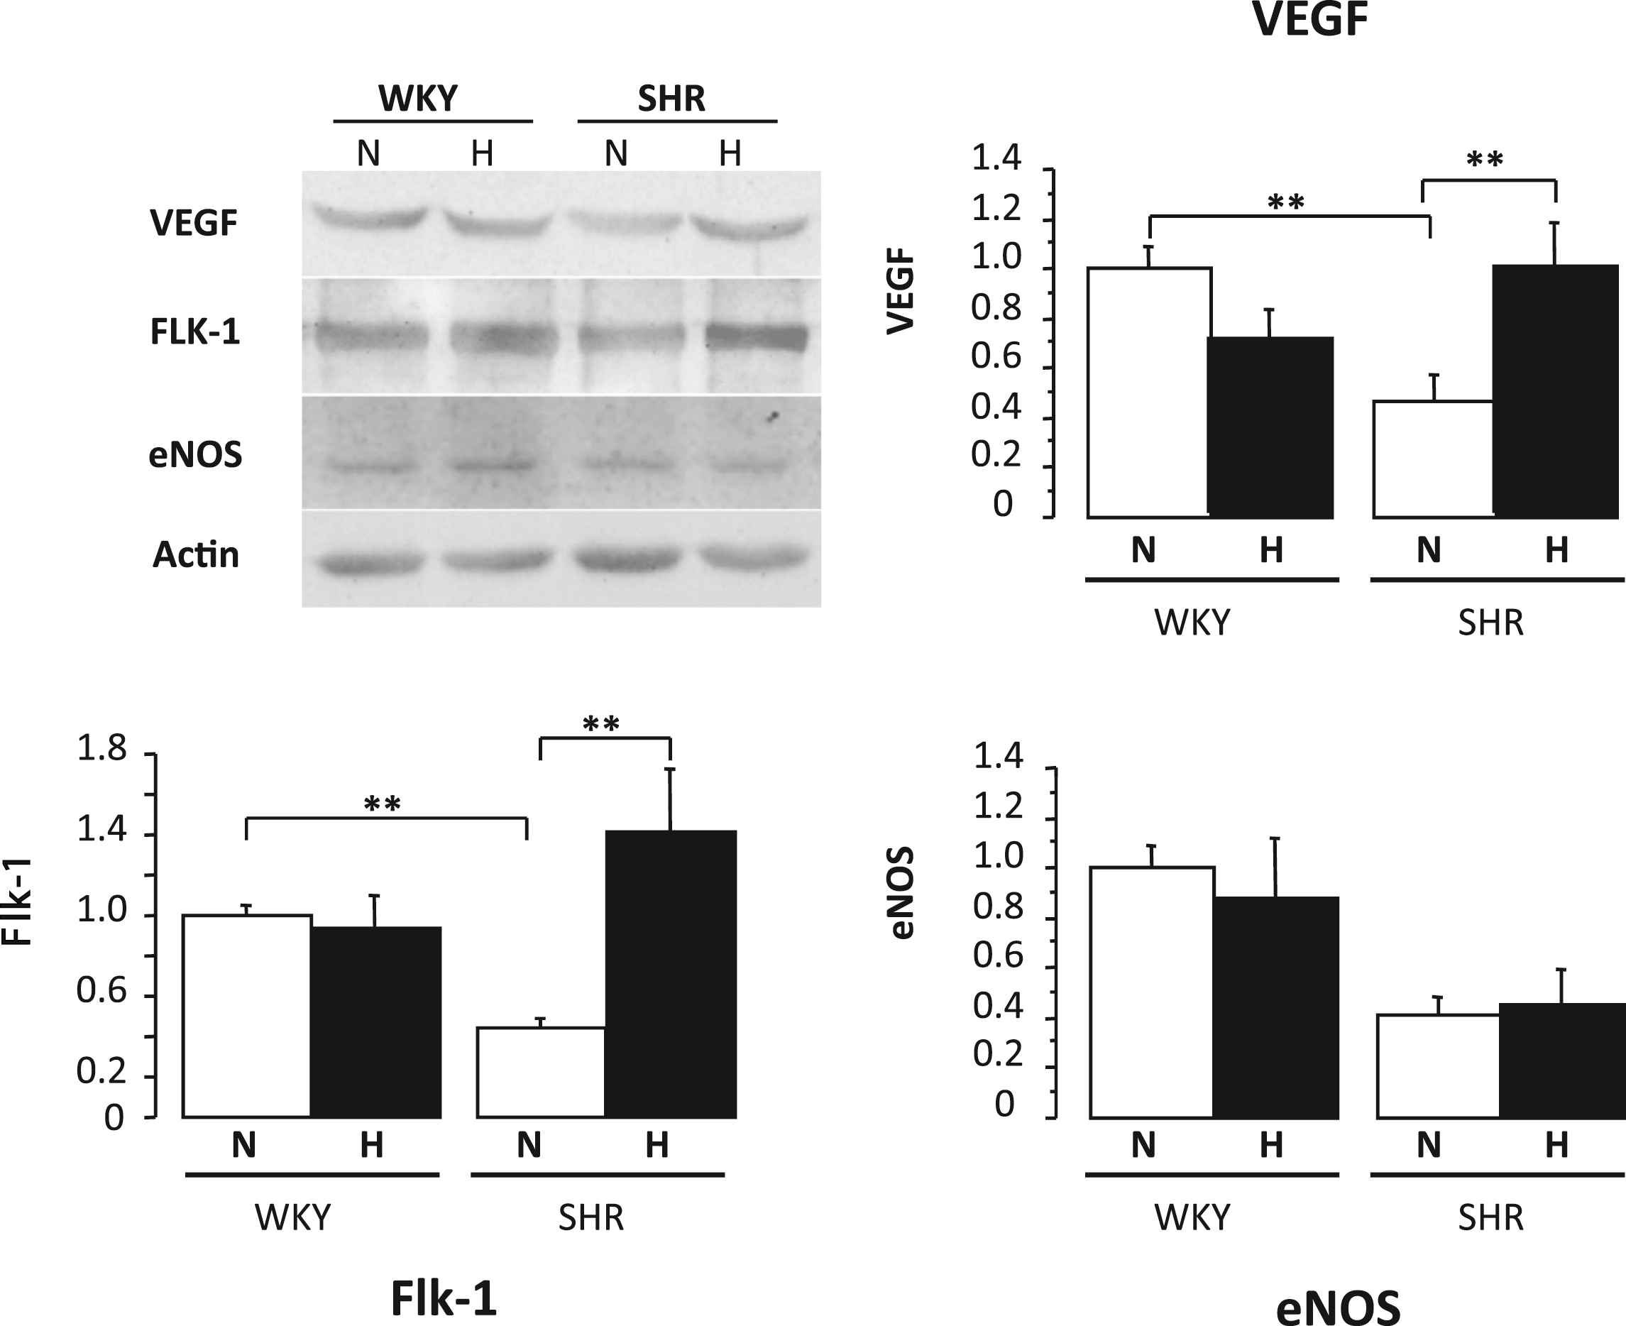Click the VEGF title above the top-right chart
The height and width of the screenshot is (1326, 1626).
click(x=1309, y=20)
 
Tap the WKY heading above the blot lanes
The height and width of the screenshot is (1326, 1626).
click(x=418, y=99)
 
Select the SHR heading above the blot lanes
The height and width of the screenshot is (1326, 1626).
click(x=671, y=99)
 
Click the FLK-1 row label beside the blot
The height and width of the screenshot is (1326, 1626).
click(x=194, y=331)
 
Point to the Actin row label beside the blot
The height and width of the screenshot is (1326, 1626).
click(x=195, y=554)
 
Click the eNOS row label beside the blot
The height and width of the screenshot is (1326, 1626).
click(x=194, y=454)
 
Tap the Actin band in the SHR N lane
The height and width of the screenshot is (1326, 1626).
click(x=628, y=560)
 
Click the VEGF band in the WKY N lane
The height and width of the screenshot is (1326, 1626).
click(x=368, y=217)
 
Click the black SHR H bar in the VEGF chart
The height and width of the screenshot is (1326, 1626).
click(x=1556, y=391)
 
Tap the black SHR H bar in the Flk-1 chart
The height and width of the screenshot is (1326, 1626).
click(x=671, y=974)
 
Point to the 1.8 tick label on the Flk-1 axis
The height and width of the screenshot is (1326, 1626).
click(x=101, y=750)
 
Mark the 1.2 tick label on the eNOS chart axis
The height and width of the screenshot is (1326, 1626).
click(x=997, y=806)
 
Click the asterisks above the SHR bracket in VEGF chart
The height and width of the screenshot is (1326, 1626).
click(x=1485, y=160)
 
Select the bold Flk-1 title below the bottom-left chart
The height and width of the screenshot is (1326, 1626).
click(x=444, y=1298)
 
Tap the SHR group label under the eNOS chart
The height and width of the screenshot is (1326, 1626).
click(x=1490, y=1217)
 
